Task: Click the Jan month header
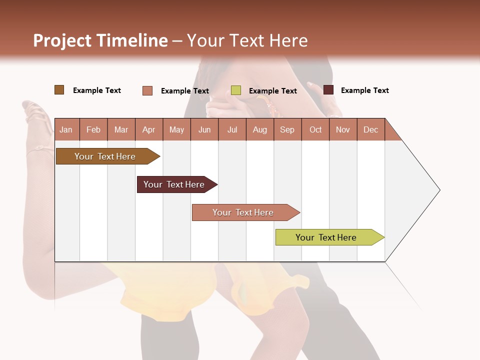[66, 130]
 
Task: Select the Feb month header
[93, 130]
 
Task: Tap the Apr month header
[148, 130]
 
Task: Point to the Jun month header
[204, 130]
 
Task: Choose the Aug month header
[259, 130]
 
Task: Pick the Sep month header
[287, 130]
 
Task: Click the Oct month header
[315, 130]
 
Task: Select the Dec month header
[370, 130]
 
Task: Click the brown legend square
[59, 90]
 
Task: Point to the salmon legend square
[147, 90]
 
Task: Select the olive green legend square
[236, 90]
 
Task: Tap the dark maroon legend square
[328, 90]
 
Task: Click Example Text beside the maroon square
[364, 90]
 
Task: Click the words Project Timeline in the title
[100, 40]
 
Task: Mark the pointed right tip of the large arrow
[439, 190]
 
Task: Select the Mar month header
[121, 130]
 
